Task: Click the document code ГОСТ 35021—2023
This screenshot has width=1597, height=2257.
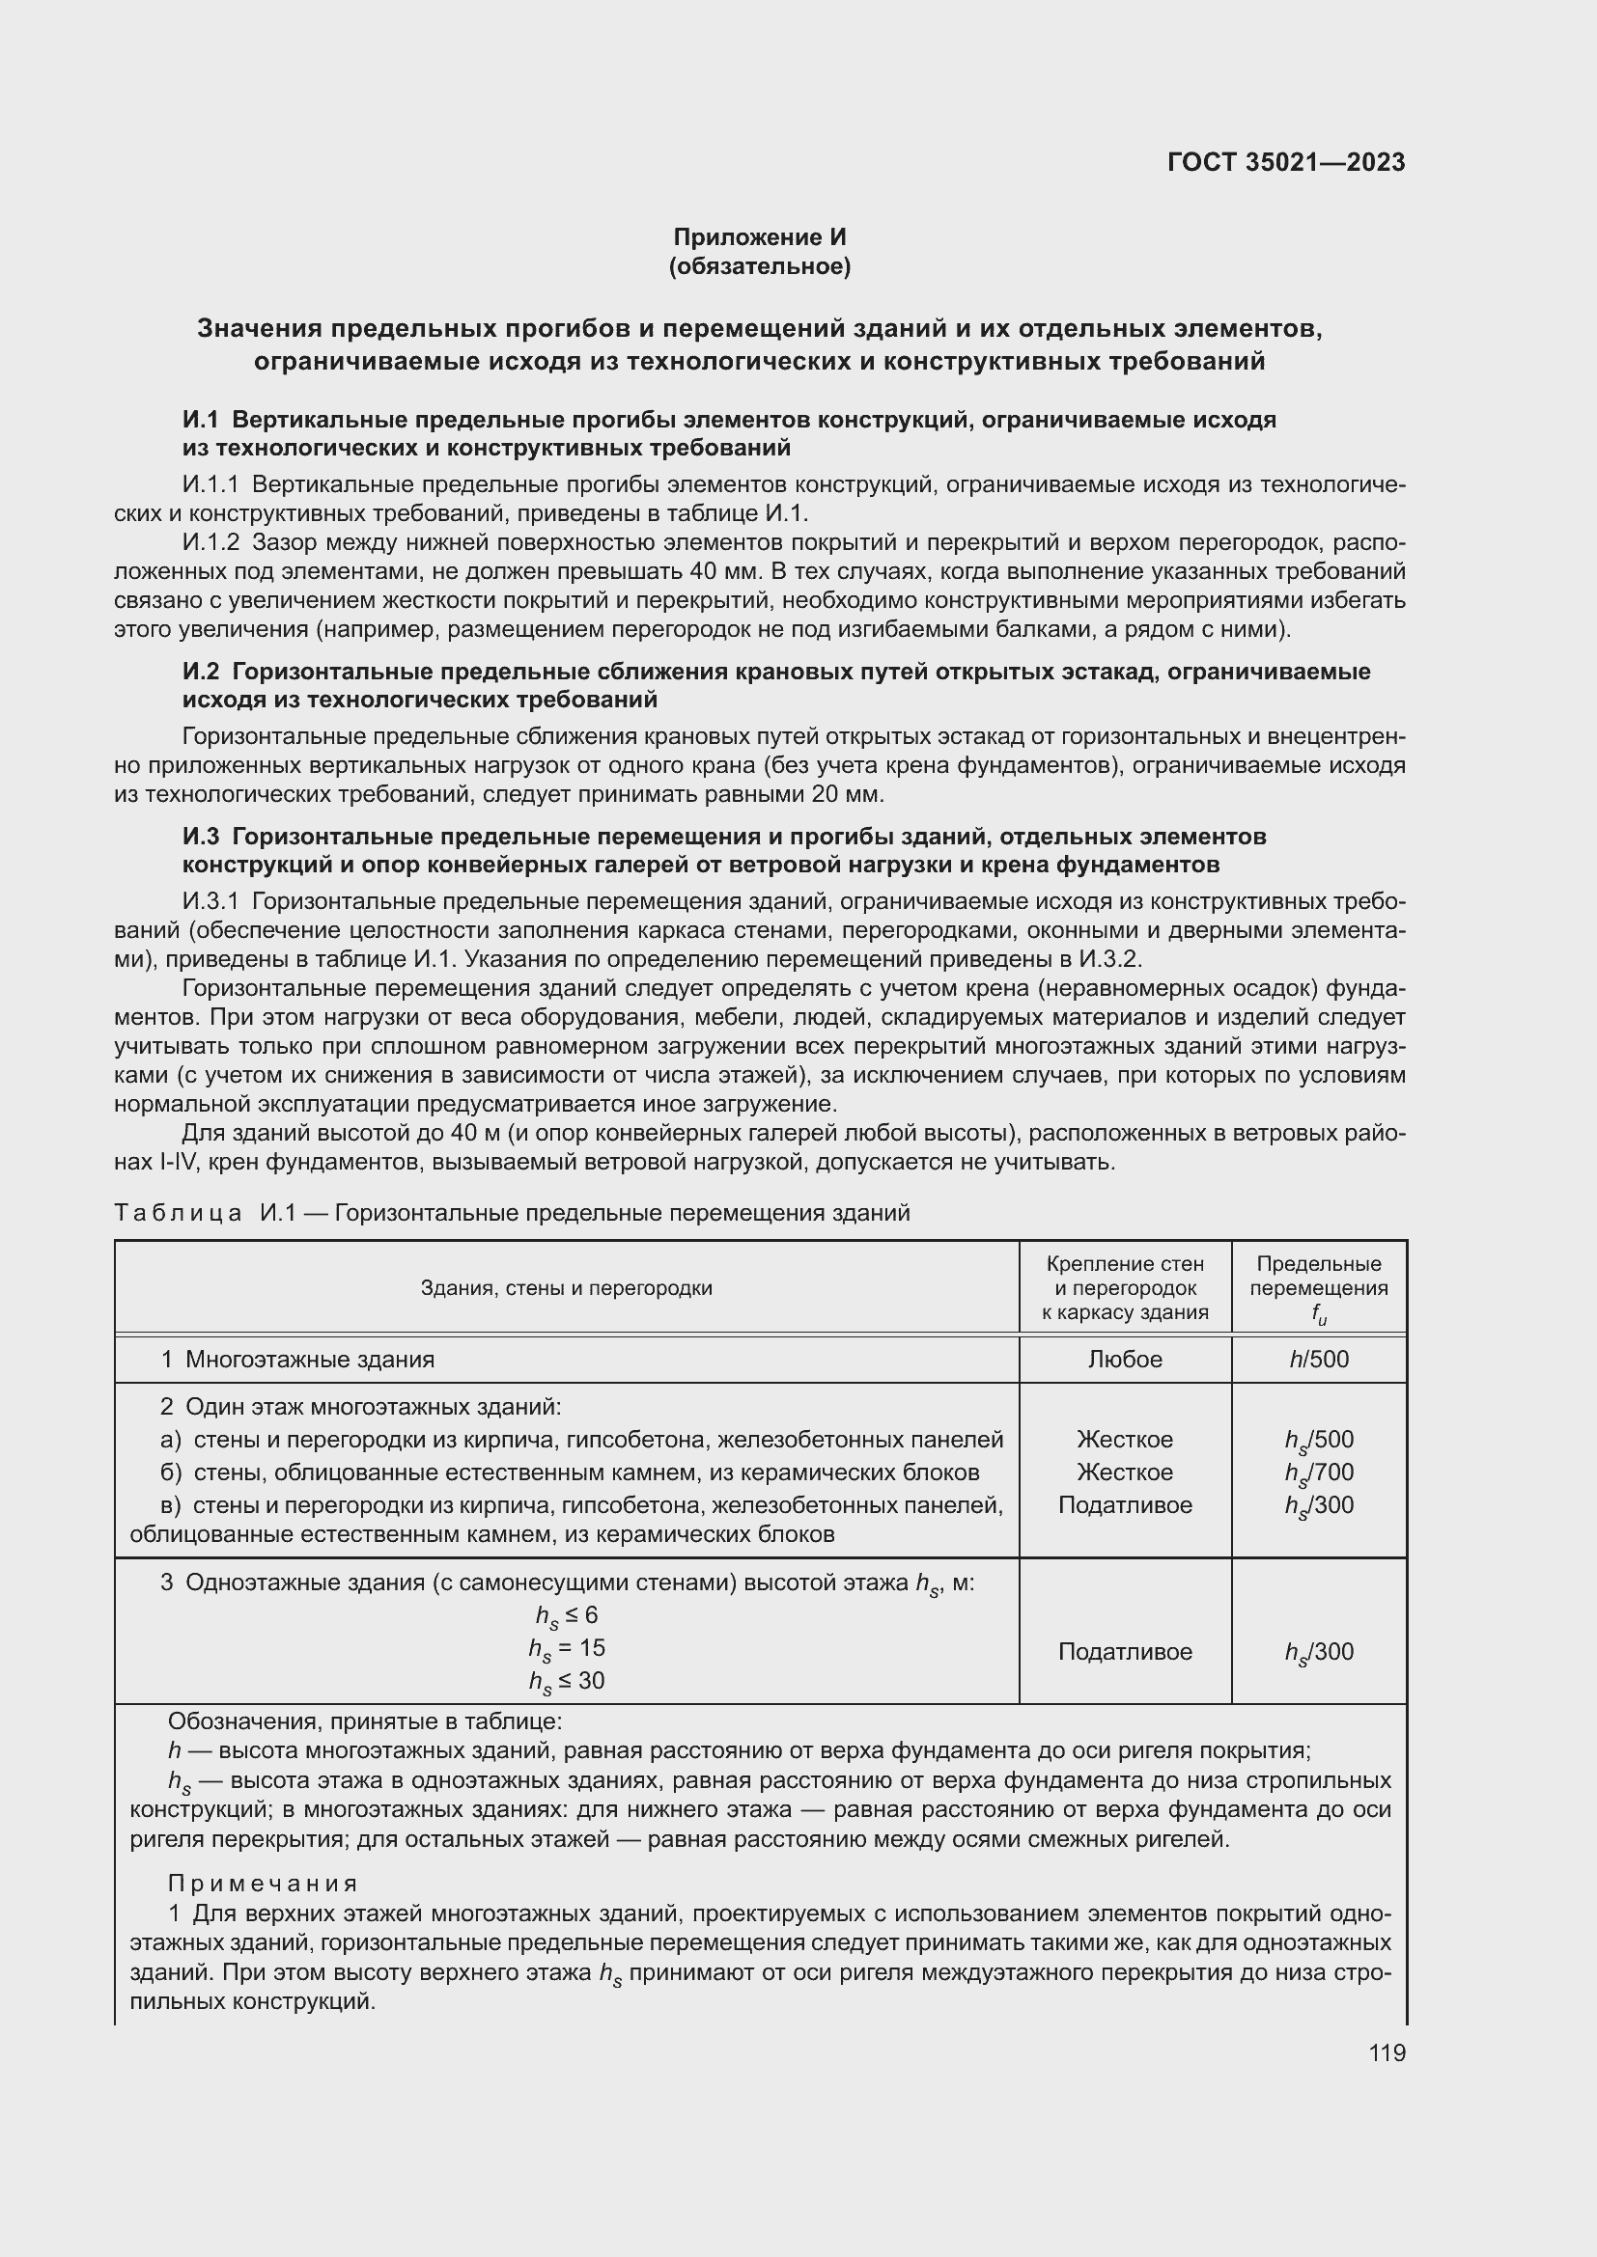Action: pos(1285,162)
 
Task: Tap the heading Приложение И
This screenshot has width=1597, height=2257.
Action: pos(759,237)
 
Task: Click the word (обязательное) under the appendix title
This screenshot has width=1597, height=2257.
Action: pos(759,266)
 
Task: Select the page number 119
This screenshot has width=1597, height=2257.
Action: pos(1387,2052)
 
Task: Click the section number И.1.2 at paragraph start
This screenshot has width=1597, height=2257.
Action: pos(210,542)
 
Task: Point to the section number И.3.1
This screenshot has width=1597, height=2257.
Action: pos(210,901)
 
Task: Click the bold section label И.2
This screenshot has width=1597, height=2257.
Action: pos(201,672)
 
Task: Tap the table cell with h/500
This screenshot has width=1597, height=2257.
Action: pos(1319,1360)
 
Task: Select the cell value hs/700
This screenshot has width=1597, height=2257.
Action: pos(1319,1473)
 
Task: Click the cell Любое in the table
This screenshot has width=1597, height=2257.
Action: pos(1125,1360)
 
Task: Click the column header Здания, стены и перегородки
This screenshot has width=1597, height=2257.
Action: pos(567,1288)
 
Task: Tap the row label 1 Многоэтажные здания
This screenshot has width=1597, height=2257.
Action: pos(298,1360)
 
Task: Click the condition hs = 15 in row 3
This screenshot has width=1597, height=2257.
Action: pos(567,1648)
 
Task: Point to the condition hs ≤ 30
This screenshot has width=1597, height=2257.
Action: pos(567,1682)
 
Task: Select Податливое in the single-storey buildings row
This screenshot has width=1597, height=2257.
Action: pos(1125,1651)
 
